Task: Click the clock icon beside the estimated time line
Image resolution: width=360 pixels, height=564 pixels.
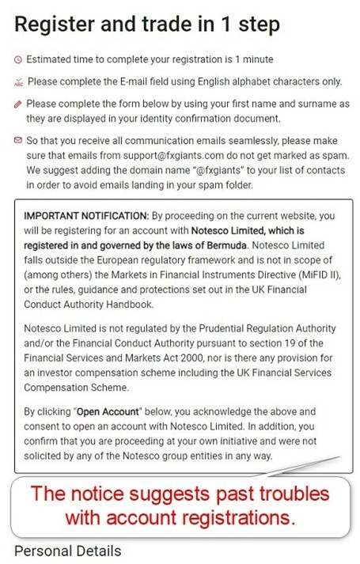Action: (18, 59)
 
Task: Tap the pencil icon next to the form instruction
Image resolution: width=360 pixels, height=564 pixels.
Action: (18, 104)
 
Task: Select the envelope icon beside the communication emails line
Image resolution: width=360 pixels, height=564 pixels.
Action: (18, 140)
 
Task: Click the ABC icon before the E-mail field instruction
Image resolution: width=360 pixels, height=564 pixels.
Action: (18, 82)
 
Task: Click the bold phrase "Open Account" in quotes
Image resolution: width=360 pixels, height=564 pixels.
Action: (97, 411)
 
